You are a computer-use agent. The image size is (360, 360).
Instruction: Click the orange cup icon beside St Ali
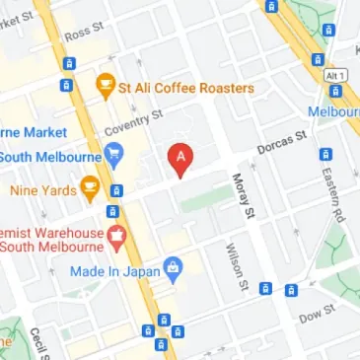(x=104, y=89)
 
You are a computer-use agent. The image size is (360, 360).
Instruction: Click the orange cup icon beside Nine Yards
(x=90, y=184)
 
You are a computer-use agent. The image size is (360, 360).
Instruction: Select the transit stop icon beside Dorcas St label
(x=325, y=154)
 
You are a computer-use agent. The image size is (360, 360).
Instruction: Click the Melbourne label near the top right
(x=332, y=111)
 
